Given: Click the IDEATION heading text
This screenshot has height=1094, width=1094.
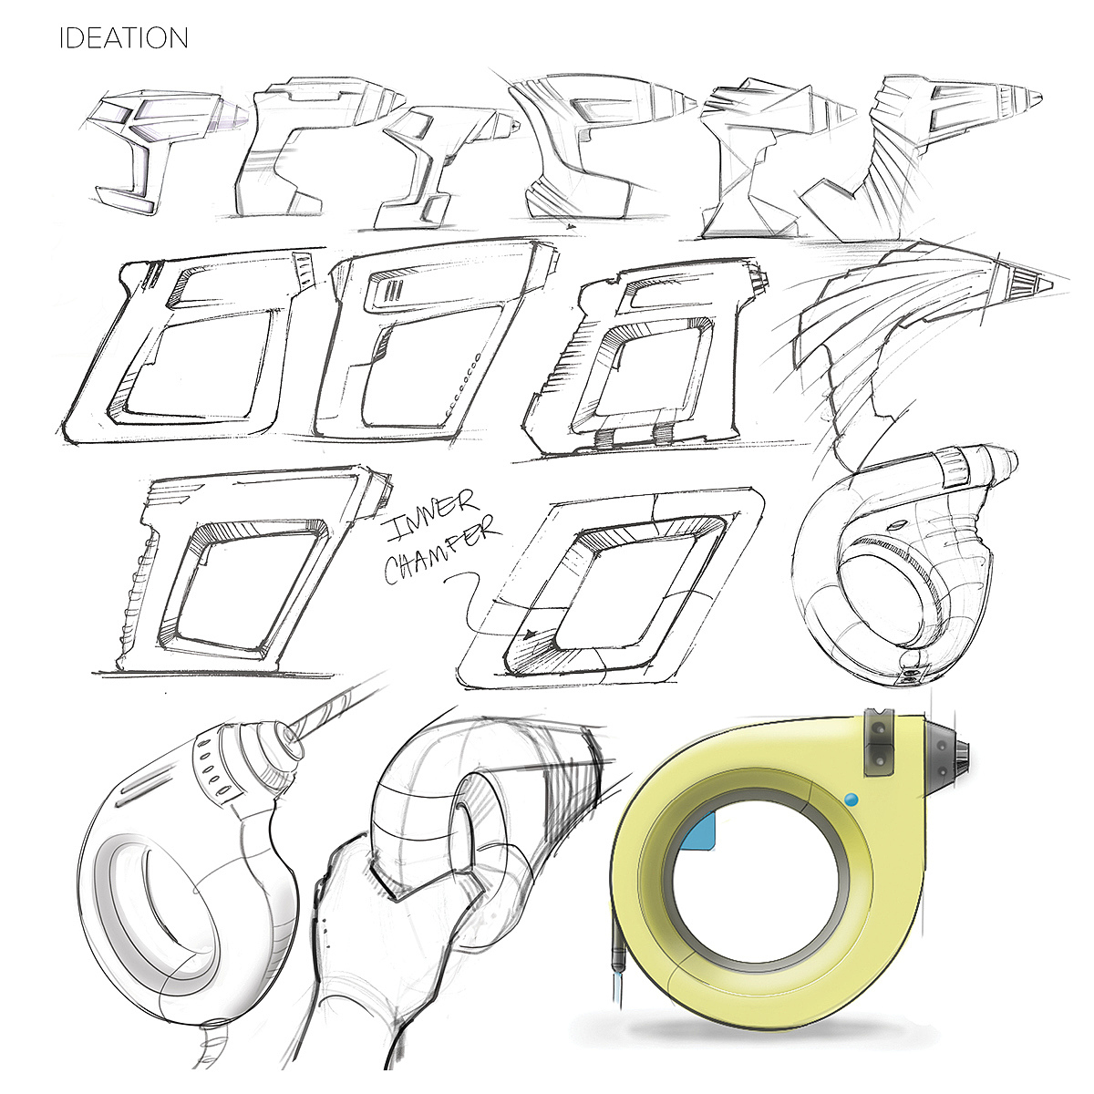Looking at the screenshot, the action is click(124, 38).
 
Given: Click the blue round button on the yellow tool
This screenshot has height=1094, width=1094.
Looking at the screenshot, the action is click(851, 800).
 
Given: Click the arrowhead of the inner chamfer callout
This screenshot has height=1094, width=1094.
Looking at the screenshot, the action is click(532, 635).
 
